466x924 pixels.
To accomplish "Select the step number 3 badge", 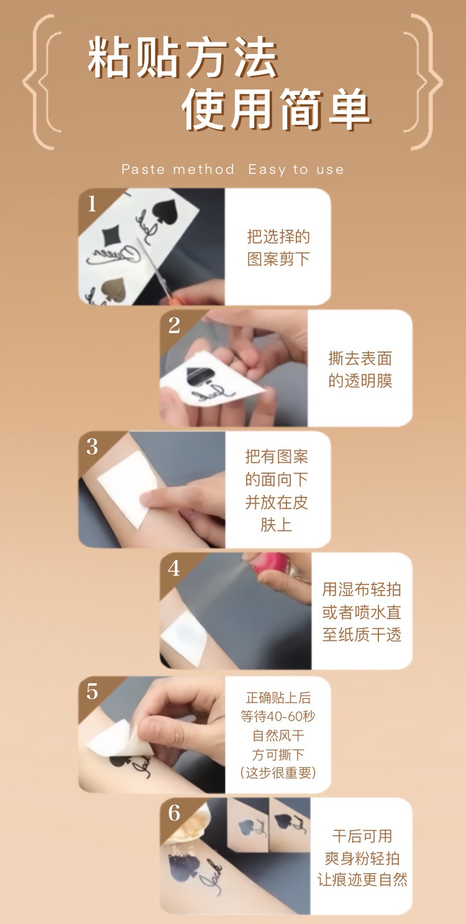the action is (x=92, y=446).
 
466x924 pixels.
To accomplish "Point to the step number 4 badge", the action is (x=174, y=568).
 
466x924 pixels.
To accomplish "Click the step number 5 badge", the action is (x=92, y=691).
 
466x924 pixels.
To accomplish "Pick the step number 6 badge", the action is (x=174, y=813).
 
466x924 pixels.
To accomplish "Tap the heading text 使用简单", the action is (x=276, y=109).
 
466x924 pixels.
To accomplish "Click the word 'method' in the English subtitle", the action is (x=204, y=169).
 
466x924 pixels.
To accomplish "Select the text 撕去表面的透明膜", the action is (x=360, y=369).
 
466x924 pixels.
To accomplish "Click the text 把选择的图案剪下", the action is (x=278, y=248).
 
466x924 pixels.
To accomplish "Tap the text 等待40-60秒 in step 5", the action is (x=278, y=717).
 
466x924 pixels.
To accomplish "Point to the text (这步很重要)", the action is (x=278, y=772).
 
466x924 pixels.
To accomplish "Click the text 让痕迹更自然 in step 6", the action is (x=362, y=880).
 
